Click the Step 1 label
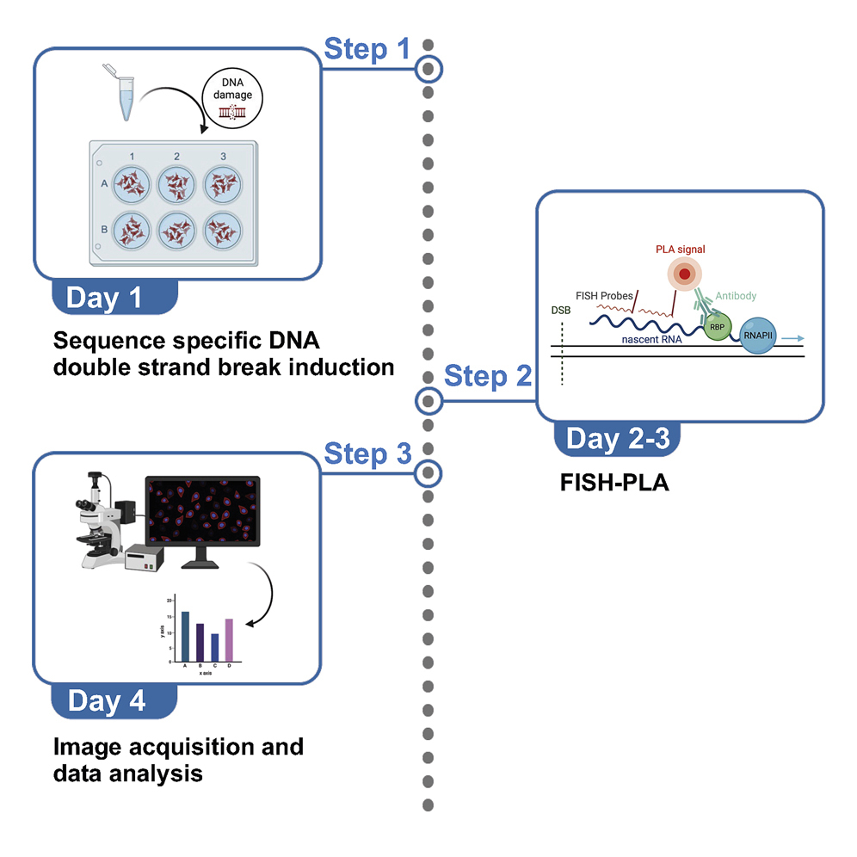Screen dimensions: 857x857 tap(367, 50)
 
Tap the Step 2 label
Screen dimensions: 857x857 tap(487, 377)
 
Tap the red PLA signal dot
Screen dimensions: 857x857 tap(685, 274)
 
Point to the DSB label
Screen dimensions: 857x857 tap(560, 310)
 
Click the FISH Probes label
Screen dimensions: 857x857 tap(605, 296)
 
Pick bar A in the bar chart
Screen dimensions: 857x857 tap(185, 635)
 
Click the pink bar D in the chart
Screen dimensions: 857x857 tap(229, 638)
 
